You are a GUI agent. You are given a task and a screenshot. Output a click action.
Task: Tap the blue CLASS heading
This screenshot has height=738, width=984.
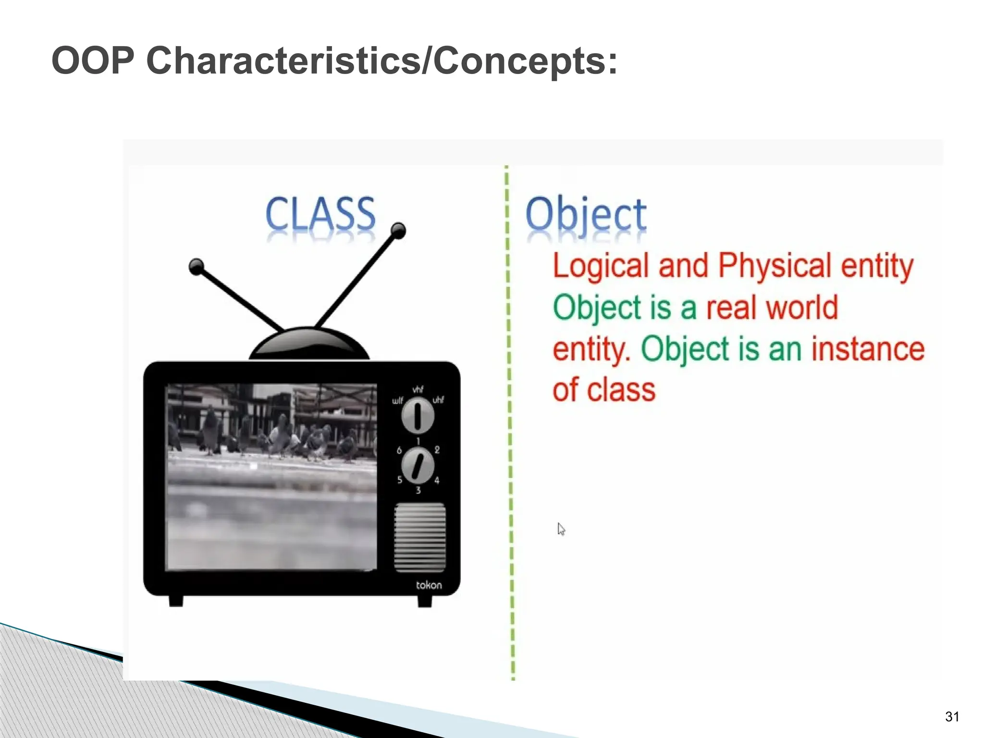(x=320, y=214)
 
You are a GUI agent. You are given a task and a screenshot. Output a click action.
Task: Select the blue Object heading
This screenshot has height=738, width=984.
(x=586, y=215)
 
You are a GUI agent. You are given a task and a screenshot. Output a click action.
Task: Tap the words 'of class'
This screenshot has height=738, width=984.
(x=604, y=390)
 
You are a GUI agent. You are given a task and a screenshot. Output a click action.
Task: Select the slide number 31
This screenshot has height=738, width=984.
(x=952, y=716)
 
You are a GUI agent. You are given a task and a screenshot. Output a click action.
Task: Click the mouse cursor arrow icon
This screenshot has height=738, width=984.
(x=561, y=529)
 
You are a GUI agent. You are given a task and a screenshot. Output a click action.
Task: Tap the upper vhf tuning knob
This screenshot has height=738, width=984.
(x=418, y=415)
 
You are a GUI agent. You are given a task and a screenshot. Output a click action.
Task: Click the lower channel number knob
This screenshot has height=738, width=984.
(x=418, y=465)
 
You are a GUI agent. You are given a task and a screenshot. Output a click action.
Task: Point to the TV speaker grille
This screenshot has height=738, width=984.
(x=419, y=537)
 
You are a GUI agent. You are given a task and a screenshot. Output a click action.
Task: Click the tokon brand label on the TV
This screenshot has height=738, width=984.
(x=429, y=585)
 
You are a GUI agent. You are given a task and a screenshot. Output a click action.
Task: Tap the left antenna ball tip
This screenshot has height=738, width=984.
(x=196, y=266)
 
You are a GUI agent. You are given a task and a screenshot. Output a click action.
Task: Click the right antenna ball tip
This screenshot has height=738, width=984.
(x=398, y=230)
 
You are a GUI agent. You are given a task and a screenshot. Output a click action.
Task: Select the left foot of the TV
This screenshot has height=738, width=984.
(x=176, y=601)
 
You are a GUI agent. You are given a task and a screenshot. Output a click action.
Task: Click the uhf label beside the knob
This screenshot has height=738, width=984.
(x=438, y=400)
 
